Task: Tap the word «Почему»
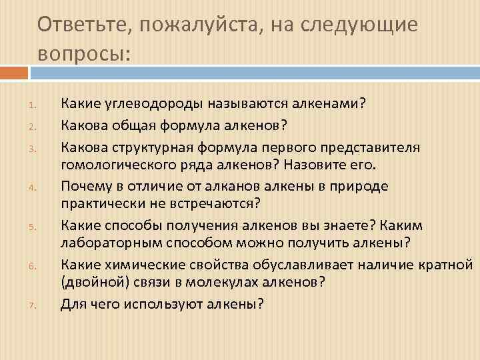point(84,186)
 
